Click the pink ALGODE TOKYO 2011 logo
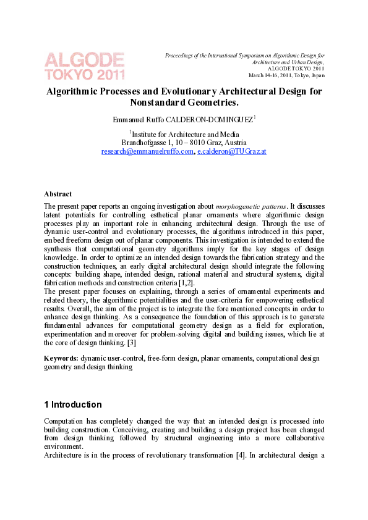(84, 66)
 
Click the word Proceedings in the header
(179, 56)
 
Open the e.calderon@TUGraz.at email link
(231, 151)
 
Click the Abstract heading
(58, 194)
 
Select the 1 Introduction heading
(73, 405)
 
